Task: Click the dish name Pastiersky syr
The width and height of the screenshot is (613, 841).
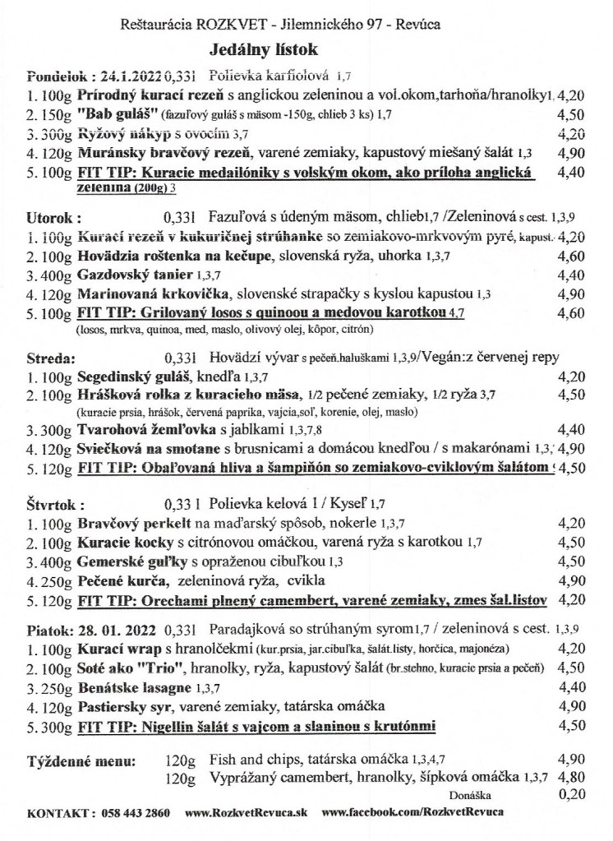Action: tap(122, 706)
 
